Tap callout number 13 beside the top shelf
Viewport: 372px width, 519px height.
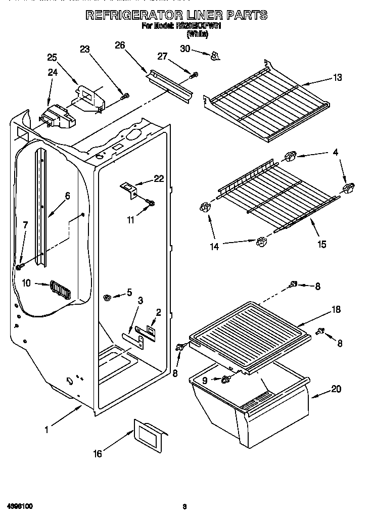tap(337, 77)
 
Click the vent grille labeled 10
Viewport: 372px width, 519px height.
tap(60, 291)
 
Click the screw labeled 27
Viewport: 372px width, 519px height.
tap(194, 75)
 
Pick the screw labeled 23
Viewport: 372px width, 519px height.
tap(126, 95)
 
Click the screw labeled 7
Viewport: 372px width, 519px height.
tap(19, 266)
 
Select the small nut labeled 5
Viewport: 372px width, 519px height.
tap(107, 297)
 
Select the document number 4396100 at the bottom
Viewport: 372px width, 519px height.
tap(20, 505)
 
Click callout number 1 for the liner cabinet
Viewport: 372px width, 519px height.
tap(46, 430)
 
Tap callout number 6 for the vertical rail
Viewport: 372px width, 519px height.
tap(67, 196)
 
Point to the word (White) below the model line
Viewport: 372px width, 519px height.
tap(197, 34)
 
